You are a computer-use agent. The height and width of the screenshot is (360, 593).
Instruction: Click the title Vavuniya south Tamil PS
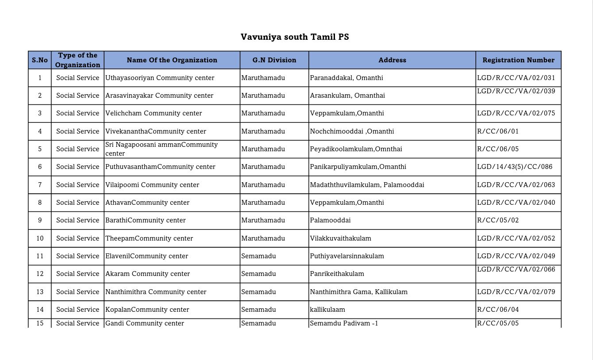click(x=295, y=37)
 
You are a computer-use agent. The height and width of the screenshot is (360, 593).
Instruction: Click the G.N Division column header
click(x=274, y=60)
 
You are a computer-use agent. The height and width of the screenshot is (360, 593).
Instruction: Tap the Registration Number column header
click(x=518, y=60)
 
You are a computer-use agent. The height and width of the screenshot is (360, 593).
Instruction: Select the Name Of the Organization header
click(x=172, y=60)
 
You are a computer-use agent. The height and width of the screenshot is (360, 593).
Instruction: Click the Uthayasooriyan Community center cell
click(x=160, y=78)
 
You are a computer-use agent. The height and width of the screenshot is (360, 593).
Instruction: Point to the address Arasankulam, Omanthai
click(x=347, y=96)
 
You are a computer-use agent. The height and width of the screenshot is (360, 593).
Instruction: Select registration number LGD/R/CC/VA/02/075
click(x=516, y=113)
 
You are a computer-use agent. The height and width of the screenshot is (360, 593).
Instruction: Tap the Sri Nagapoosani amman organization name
click(x=162, y=149)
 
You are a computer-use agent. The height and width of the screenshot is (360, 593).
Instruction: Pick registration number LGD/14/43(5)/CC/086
click(x=515, y=167)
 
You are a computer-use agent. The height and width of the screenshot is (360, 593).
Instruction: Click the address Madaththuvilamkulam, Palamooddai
click(x=367, y=185)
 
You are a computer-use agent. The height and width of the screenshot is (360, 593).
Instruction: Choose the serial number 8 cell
click(x=40, y=203)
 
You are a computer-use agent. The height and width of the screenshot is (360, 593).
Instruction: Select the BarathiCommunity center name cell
click(x=146, y=220)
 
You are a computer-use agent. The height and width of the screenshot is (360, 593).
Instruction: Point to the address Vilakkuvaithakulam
click(x=341, y=238)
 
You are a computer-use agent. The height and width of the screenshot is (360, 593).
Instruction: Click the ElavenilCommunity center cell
click(x=147, y=256)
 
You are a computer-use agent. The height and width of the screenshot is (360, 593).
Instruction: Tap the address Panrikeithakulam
click(x=337, y=274)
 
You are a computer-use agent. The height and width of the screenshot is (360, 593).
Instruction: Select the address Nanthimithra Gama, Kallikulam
click(x=359, y=292)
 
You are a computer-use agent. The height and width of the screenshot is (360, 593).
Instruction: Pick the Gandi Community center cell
click(x=145, y=323)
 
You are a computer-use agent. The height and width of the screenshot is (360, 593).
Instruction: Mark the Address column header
click(x=392, y=60)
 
